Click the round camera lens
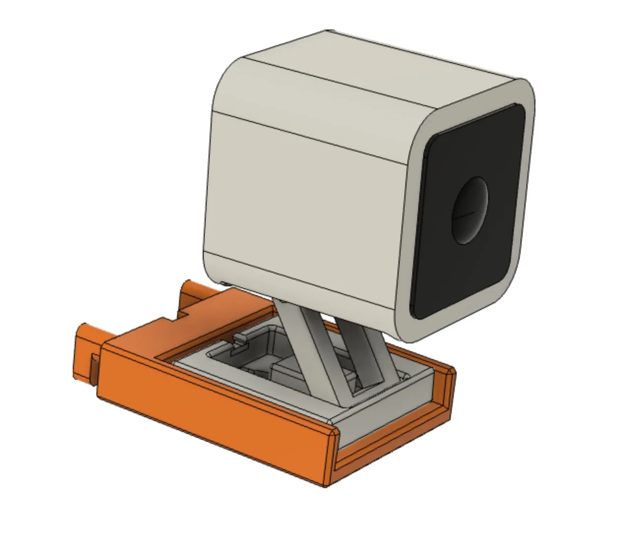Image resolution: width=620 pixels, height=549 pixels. (470, 211)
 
